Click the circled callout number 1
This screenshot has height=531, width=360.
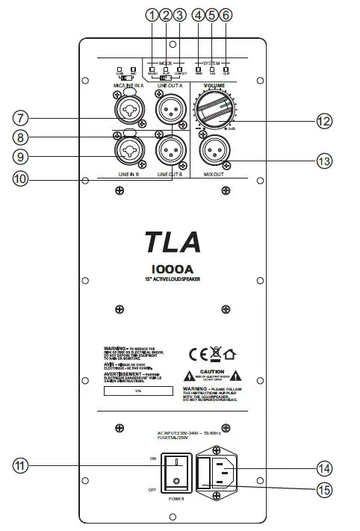(152, 14)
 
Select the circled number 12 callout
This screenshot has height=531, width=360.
(323, 120)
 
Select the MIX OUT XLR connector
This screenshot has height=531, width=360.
(217, 152)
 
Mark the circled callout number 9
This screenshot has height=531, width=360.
(20, 157)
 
